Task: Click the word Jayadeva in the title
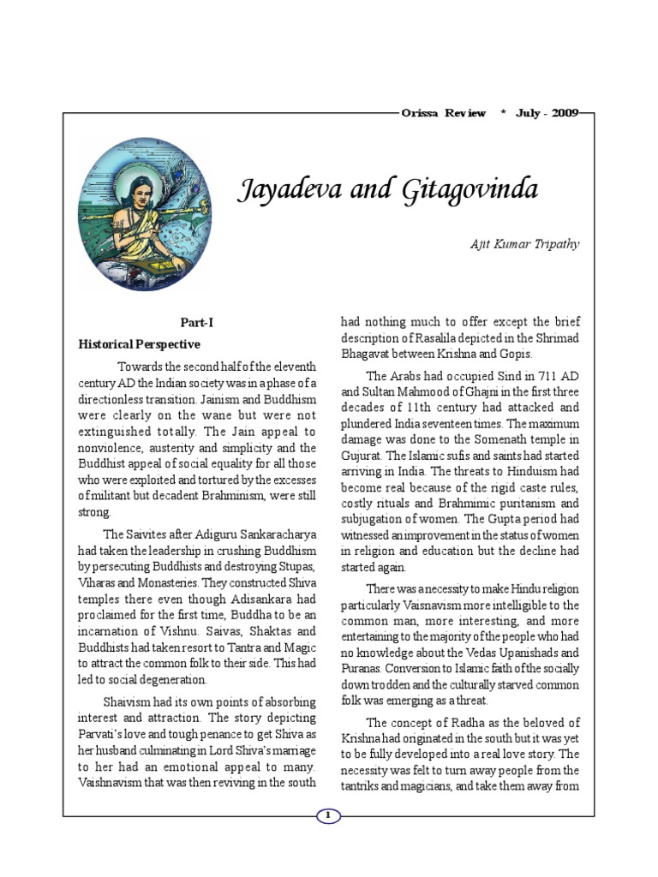292,190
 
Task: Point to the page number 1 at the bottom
329,816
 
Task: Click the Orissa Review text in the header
443,113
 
